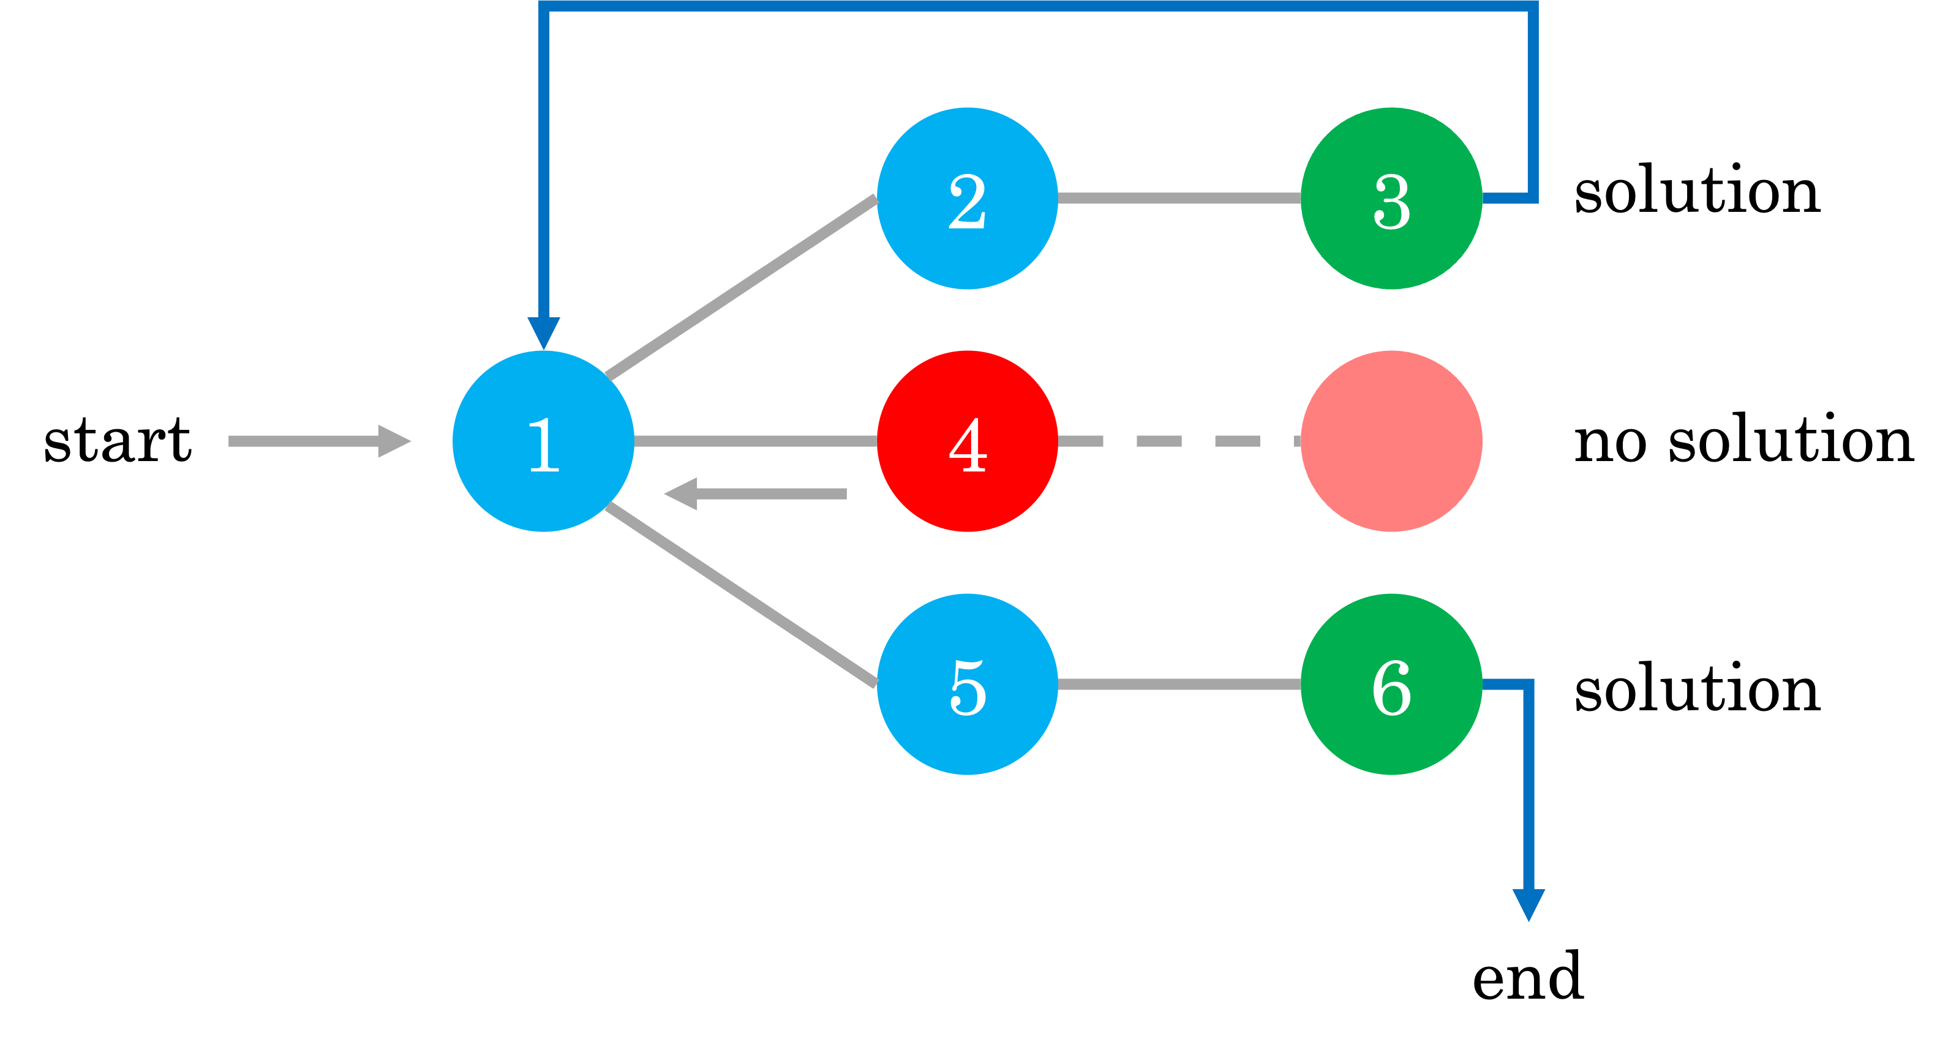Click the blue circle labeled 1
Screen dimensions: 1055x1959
pos(543,441)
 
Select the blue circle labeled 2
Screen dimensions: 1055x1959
pos(968,198)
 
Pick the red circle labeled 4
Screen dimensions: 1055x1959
pos(968,441)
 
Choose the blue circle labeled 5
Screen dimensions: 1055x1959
pos(968,684)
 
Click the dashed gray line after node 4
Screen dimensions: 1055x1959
pos(1159,441)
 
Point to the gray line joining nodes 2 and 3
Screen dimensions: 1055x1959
pos(1179,198)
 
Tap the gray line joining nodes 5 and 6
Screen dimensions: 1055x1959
pos(1179,685)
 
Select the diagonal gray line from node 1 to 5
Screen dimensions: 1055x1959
pos(742,595)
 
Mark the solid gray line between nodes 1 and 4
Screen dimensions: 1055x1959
pos(755,441)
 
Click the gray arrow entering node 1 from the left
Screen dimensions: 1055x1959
pos(320,441)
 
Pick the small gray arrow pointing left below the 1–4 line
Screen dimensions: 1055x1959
pos(755,494)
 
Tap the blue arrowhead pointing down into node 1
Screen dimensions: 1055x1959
pos(544,332)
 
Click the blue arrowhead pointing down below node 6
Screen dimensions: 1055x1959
pos(1528,904)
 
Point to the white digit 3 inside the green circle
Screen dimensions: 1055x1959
pos(1392,201)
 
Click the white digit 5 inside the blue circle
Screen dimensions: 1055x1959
pos(968,688)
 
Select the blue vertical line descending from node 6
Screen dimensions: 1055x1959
pos(1528,791)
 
